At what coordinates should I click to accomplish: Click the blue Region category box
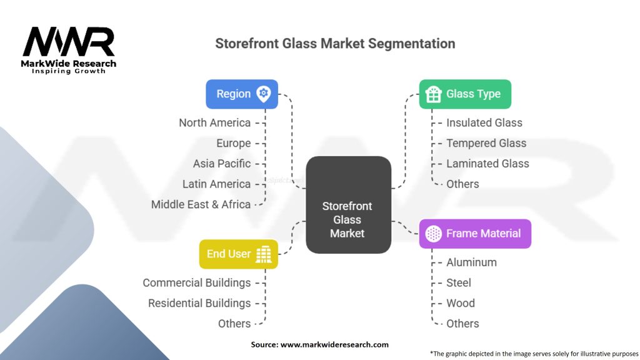[x=241, y=94]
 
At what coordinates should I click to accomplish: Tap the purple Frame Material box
[x=474, y=234]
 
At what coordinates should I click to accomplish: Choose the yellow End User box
[x=238, y=254]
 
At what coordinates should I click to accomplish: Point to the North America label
[x=214, y=122]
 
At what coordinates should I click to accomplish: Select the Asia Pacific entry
[x=221, y=164]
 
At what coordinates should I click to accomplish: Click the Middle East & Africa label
[x=201, y=204]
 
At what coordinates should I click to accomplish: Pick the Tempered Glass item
[x=486, y=143]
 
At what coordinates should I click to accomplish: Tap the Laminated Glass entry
[x=487, y=164]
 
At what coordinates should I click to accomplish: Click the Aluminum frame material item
[x=471, y=262]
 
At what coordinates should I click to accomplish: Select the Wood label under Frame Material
[x=460, y=303]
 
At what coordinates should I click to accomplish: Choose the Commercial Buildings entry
[x=196, y=282]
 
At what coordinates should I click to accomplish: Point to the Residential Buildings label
[x=199, y=303]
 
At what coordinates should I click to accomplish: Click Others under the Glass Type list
[x=462, y=184]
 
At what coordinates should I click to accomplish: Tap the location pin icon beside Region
[x=264, y=94]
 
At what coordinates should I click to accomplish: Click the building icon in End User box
[x=265, y=254]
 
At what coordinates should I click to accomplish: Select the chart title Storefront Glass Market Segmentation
[x=335, y=44]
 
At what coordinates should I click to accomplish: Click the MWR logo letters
[x=69, y=42]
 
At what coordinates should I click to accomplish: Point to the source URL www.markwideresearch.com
[x=334, y=344]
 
